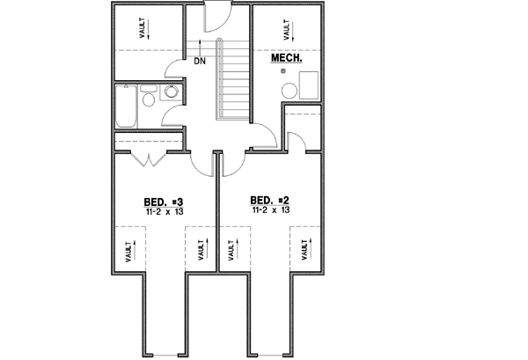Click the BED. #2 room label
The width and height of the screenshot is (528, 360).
click(269, 200)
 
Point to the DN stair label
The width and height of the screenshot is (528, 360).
click(200, 62)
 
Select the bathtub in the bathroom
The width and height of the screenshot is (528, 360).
click(126, 107)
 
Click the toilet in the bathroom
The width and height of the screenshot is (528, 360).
click(149, 99)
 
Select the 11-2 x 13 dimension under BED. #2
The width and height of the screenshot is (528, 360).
click(270, 211)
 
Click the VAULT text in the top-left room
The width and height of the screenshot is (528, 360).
click(143, 28)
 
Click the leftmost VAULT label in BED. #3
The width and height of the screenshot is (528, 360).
click(128, 251)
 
